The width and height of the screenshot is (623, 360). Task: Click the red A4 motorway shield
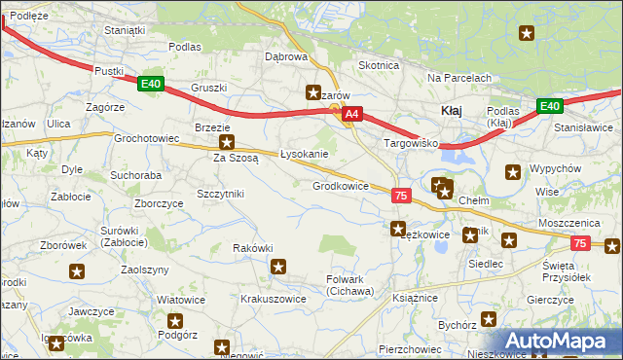coord(352,114)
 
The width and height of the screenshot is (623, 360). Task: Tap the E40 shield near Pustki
coord(150,85)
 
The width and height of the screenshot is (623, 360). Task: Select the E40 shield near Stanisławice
coord(549,106)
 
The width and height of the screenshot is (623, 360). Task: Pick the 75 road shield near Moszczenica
coord(580,242)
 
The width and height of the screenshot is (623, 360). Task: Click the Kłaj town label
coord(451,111)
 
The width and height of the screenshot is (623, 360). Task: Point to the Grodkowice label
coord(340,185)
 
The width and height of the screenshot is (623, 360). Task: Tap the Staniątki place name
coord(125,30)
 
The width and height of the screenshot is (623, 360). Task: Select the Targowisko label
coord(411,143)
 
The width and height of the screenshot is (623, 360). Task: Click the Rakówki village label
coord(252,248)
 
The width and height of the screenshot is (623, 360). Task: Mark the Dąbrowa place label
coord(286,56)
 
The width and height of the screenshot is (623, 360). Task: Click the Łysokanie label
coord(304,154)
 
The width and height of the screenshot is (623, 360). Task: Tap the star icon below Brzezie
coord(226,141)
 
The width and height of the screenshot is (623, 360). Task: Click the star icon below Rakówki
coord(278,267)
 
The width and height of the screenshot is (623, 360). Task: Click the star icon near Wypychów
coord(513,172)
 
